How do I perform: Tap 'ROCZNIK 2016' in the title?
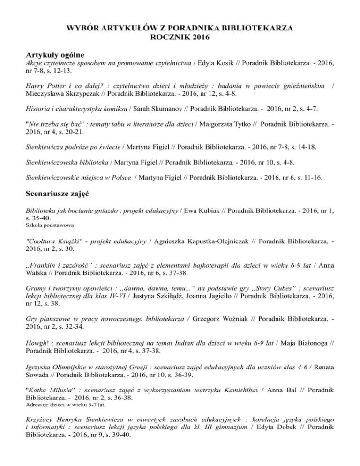[x=180, y=37]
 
